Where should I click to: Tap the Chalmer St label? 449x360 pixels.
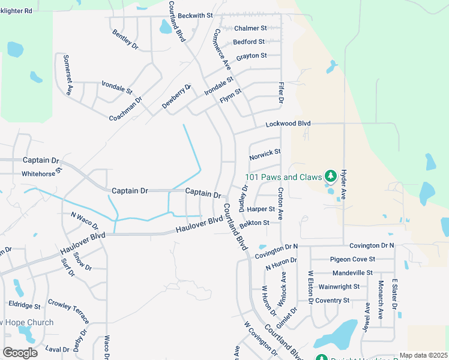pyautogui.click(x=250, y=28)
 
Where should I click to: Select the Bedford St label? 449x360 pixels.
pyautogui.click(x=249, y=42)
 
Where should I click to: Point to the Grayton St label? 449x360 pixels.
pyautogui.click(x=252, y=56)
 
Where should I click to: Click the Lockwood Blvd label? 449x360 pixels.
pyautogui.click(x=288, y=124)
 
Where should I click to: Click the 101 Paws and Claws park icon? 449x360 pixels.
pyautogui.click(x=329, y=176)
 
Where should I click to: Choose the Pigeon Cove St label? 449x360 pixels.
pyautogui.click(x=352, y=259)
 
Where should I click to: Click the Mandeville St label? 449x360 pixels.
pyautogui.click(x=353, y=272)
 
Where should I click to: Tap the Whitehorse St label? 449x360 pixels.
pyautogui.click(x=42, y=173)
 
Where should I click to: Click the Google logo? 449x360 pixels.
pyautogui.click(x=20, y=353)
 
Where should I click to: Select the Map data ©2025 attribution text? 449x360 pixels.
pyautogui.click(x=423, y=355)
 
